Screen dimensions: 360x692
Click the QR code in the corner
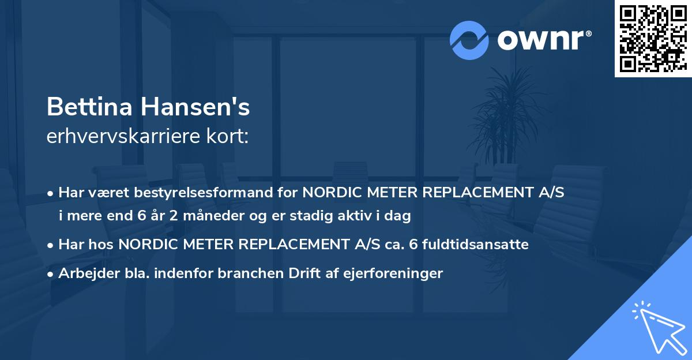[653, 39]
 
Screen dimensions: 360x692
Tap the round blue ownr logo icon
[469, 40]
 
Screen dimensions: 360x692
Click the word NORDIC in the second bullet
[146, 244]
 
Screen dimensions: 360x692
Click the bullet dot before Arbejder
[51, 273]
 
